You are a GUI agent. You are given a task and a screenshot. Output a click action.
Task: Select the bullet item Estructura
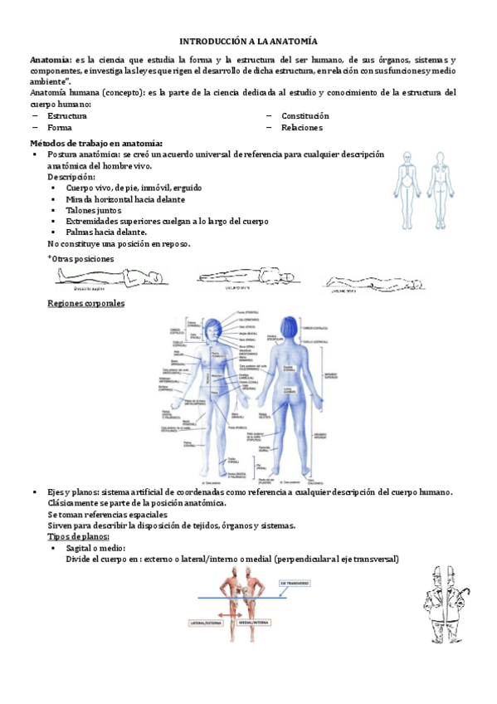point(67,116)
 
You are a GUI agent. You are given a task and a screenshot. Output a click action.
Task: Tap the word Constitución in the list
point(305,116)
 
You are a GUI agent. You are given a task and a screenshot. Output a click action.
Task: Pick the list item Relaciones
point(302,128)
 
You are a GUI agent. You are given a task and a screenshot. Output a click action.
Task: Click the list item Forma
point(60,128)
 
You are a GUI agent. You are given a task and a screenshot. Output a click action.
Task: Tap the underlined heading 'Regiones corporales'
point(86,303)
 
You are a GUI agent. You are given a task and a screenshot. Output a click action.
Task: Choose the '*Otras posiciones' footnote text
point(81,259)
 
